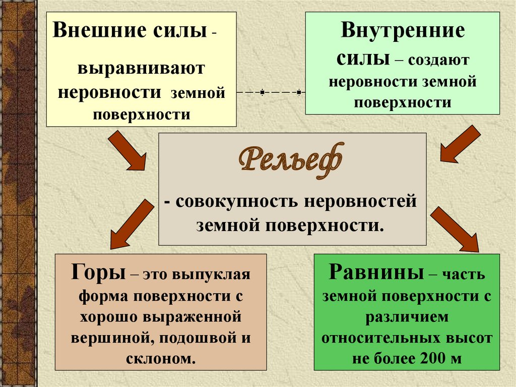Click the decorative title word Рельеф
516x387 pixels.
pyautogui.click(x=292, y=160)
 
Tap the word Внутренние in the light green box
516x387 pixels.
pyautogui.click(x=403, y=32)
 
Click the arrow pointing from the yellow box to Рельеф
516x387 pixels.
pyautogui.click(x=127, y=150)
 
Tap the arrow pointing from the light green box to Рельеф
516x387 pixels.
pyautogui.click(x=460, y=144)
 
